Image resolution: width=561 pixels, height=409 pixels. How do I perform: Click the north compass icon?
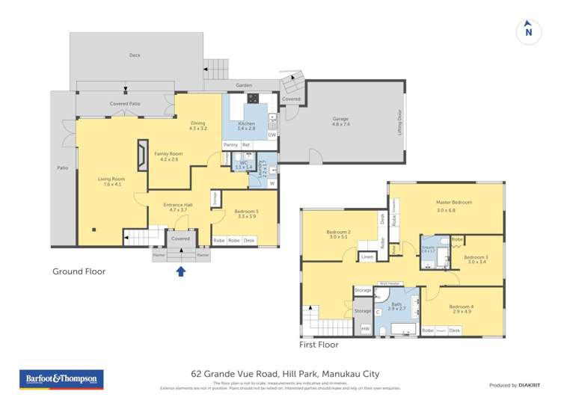[528, 31]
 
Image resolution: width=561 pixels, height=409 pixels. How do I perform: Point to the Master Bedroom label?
[455, 202]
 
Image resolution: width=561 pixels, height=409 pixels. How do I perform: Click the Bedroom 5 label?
[246, 212]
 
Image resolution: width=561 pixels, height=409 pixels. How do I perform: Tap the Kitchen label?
[246, 123]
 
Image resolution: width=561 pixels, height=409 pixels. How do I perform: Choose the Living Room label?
[111, 179]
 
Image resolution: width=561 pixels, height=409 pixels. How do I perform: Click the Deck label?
[135, 55]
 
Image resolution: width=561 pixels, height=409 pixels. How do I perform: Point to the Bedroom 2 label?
[339, 233]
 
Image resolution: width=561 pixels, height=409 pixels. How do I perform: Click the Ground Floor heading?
[79, 271]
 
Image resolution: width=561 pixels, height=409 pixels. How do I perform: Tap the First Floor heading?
[318, 345]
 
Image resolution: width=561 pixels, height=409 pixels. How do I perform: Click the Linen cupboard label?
[367, 257]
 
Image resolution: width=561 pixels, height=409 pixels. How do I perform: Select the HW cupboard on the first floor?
[365, 329]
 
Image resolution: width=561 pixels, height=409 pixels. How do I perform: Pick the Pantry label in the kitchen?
[230, 144]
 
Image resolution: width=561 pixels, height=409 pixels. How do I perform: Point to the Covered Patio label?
[125, 104]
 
